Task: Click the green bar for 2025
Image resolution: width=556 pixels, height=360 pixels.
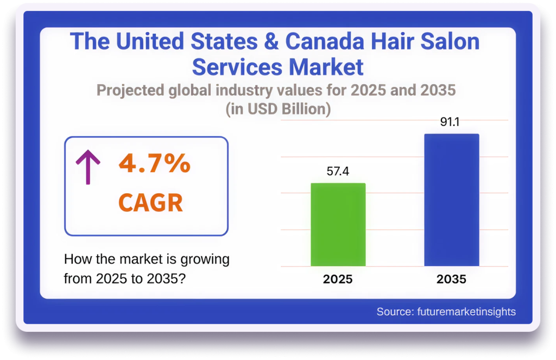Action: click(338, 224)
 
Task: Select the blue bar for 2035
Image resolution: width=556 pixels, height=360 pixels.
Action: click(451, 200)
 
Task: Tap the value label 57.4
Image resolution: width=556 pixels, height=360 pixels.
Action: click(338, 172)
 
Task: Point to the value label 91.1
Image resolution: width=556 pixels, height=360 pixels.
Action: click(450, 122)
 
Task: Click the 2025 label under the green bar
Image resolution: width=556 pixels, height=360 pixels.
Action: click(338, 280)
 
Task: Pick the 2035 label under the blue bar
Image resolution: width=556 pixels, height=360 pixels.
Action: click(451, 280)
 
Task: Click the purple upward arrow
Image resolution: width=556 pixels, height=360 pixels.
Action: click(87, 167)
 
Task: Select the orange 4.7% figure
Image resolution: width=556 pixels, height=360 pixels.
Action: click(155, 164)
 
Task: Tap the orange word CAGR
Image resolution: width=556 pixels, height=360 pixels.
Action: click(150, 203)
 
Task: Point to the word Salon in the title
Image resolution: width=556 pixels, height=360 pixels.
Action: click(446, 42)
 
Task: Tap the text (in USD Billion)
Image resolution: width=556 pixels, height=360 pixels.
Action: click(278, 109)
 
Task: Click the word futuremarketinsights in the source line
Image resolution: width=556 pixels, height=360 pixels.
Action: click(466, 312)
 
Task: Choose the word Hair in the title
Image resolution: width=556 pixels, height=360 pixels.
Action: click(388, 42)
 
